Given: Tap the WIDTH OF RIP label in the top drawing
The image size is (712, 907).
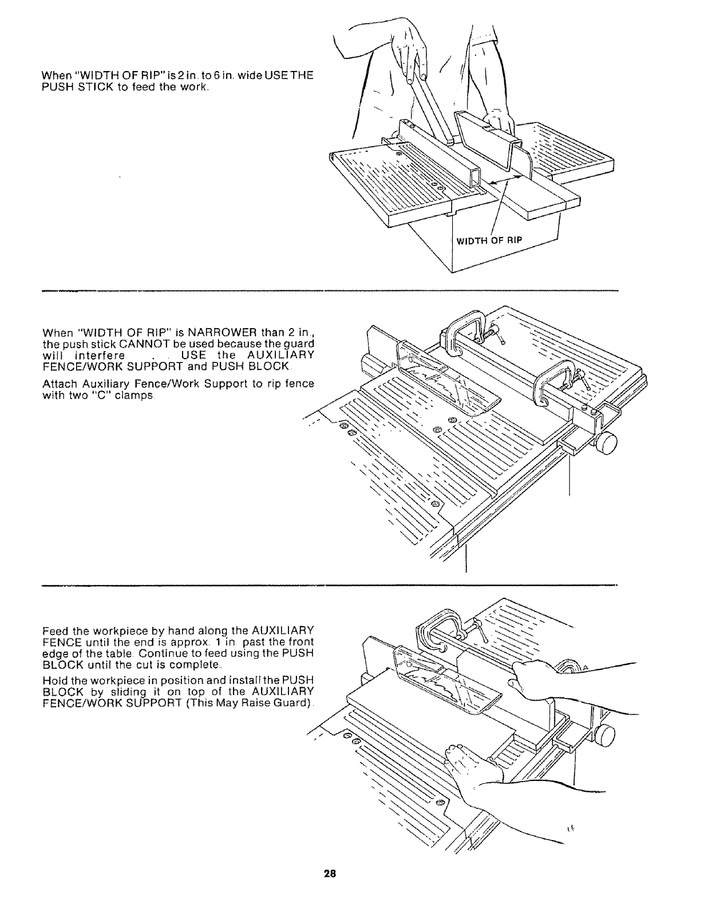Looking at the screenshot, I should [489, 239].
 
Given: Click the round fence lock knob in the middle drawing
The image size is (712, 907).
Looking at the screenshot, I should [607, 443].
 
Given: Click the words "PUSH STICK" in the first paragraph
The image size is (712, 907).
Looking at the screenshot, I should [75, 87].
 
